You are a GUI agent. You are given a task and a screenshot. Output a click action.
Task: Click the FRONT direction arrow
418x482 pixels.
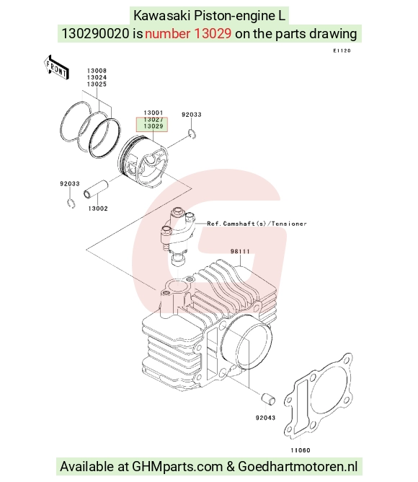pos(56,68)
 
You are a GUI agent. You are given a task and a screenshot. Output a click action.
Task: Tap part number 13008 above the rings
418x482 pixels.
pos(97,71)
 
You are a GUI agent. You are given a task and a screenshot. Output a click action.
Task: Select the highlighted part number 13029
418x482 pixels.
pos(154,126)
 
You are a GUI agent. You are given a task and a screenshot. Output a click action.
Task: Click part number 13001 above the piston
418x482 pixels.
pos(154,113)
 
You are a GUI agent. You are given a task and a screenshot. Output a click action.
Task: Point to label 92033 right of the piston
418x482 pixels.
pos(191,115)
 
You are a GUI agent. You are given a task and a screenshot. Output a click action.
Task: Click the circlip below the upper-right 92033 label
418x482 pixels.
pos(192,134)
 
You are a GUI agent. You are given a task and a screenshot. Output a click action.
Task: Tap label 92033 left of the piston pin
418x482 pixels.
pos(70,184)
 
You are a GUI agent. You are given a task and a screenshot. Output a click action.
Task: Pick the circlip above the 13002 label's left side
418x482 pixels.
pos(71,203)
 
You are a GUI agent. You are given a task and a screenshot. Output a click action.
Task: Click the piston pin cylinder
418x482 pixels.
pos(96,189)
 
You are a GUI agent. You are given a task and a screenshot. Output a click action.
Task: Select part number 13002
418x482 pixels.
pos(98,209)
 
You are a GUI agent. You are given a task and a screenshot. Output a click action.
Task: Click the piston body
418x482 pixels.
pos(143,162)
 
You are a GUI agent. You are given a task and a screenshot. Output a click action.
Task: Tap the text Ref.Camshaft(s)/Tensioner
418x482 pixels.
pos(257,224)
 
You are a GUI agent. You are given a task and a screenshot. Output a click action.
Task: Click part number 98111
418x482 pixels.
pos(240,251)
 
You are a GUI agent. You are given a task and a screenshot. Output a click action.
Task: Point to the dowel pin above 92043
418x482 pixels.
pos(268,399)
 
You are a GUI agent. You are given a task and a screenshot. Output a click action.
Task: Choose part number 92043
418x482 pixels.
pos(265,418)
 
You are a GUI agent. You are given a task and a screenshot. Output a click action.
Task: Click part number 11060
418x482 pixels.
pos(301,450)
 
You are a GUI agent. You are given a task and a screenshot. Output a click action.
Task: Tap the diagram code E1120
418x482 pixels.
pos(342,51)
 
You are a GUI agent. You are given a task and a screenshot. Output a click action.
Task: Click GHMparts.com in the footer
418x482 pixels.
pos(177,467)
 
